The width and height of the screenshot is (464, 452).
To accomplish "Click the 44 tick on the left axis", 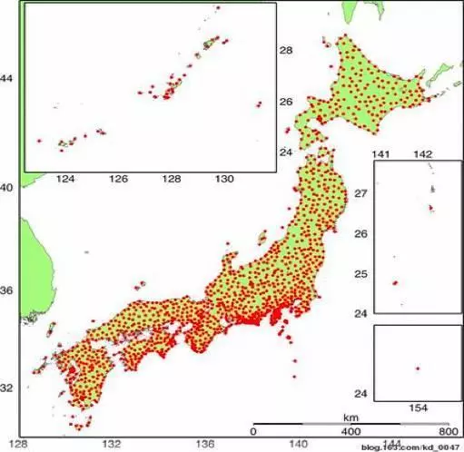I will (8, 79).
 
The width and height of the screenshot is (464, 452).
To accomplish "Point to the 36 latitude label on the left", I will (8, 291).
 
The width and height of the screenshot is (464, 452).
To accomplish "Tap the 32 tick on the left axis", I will (8, 388).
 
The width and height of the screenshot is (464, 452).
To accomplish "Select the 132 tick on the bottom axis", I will (113, 443).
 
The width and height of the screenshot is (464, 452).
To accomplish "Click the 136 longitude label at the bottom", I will (206, 443).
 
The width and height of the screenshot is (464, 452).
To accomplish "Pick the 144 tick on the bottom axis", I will (391, 443).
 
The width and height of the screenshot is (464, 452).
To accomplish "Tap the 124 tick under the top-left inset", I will (65, 180).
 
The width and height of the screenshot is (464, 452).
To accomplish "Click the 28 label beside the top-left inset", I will (285, 51).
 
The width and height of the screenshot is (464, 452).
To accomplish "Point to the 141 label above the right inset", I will (382, 154).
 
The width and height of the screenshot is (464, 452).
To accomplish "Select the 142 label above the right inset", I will (422, 154).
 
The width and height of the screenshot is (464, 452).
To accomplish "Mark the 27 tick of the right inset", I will (360, 194).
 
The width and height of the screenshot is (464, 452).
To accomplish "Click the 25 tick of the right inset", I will (360, 274).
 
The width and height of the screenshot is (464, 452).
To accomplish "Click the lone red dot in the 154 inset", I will (417, 368).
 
